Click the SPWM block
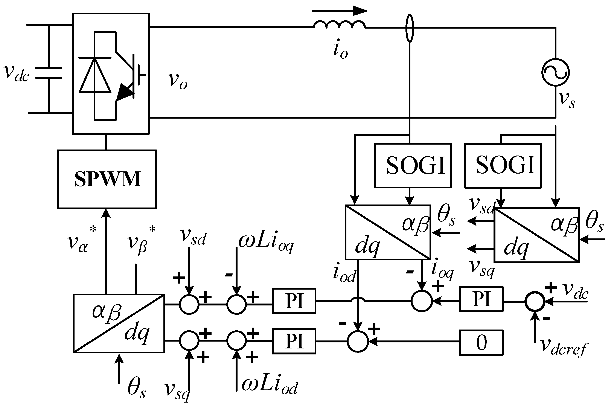click(x=107, y=179)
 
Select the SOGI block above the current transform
click(x=413, y=165)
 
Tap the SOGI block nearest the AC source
click(x=503, y=165)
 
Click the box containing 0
click(x=481, y=342)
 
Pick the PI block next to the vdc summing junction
click(x=481, y=299)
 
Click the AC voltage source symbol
click(x=555, y=72)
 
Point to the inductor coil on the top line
click(x=339, y=24)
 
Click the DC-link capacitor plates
click(x=49, y=73)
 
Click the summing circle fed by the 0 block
click(x=358, y=341)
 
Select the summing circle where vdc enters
click(x=535, y=302)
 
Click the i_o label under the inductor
click(x=340, y=50)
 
